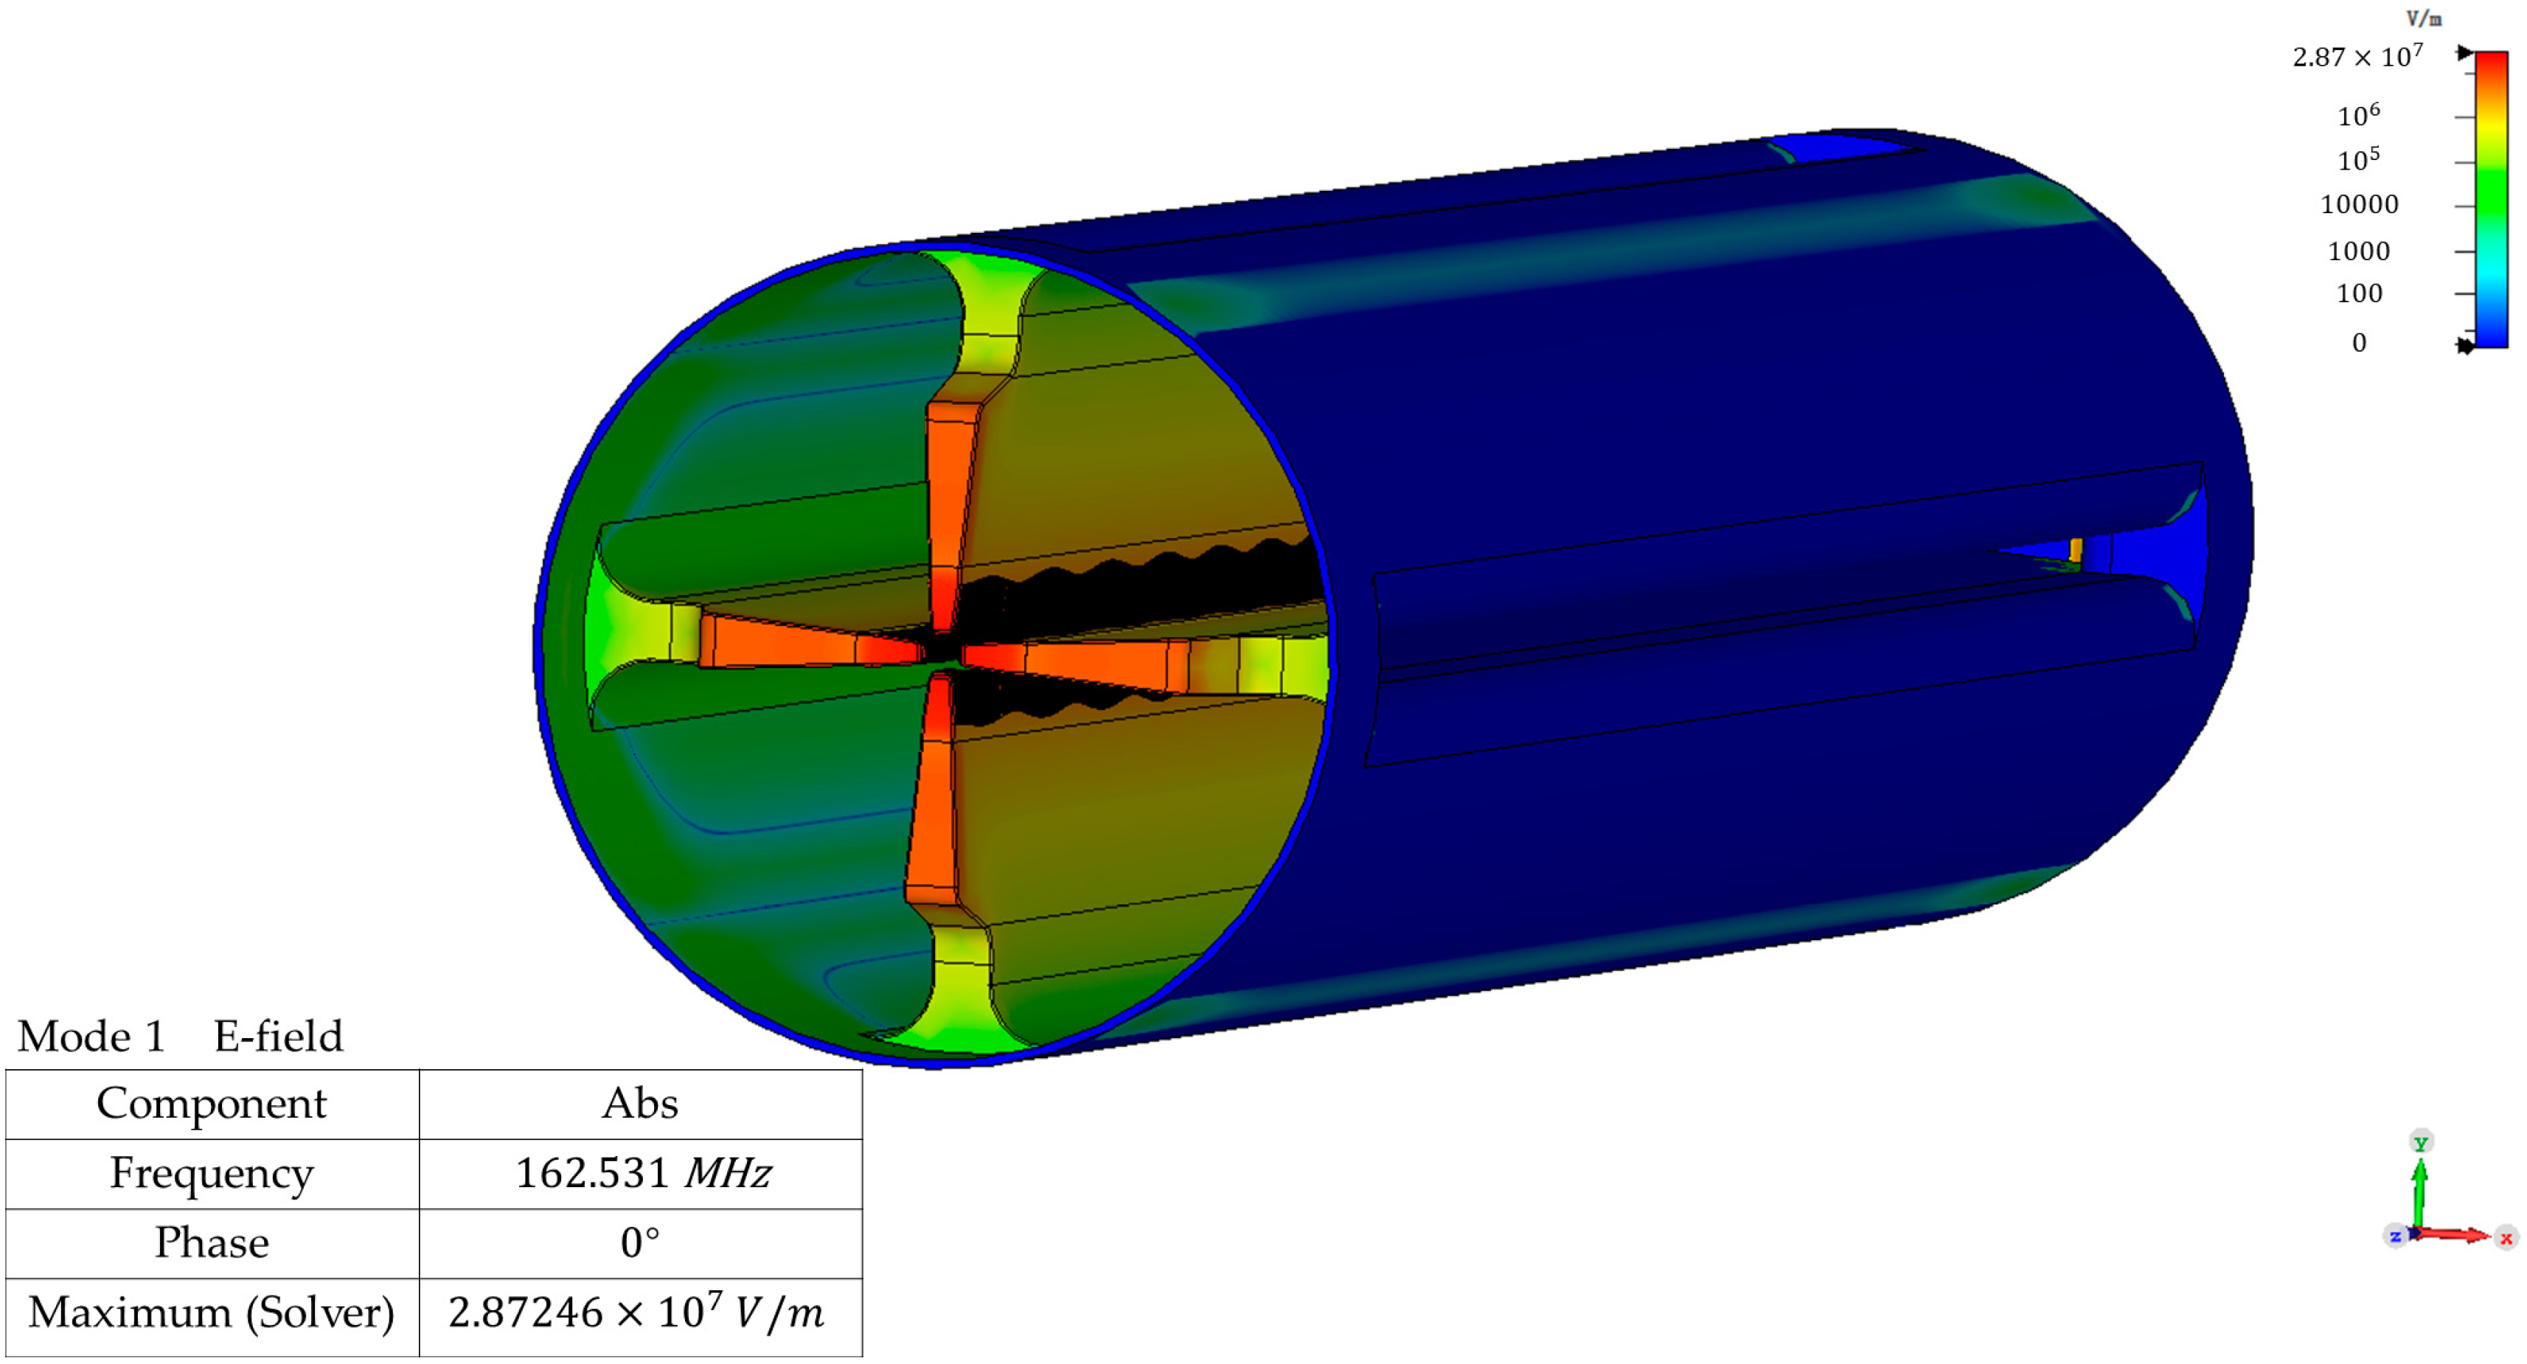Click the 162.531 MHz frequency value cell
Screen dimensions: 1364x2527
point(642,1173)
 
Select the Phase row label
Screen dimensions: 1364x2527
point(212,1242)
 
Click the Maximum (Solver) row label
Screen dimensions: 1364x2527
point(212,1312)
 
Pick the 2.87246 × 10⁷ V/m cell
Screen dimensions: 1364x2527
point(638,1312)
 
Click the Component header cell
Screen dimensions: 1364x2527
point(212,1103)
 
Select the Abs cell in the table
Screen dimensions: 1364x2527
point(639,1103)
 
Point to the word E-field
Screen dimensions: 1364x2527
point(279,1037)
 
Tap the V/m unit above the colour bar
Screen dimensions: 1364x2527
point(2423,18)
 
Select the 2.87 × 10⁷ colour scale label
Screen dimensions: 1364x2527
point(2357,56)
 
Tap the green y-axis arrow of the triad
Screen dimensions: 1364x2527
point(2419,1186)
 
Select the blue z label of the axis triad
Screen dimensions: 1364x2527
point(2394,1236)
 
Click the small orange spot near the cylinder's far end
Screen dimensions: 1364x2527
point(2076,549)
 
